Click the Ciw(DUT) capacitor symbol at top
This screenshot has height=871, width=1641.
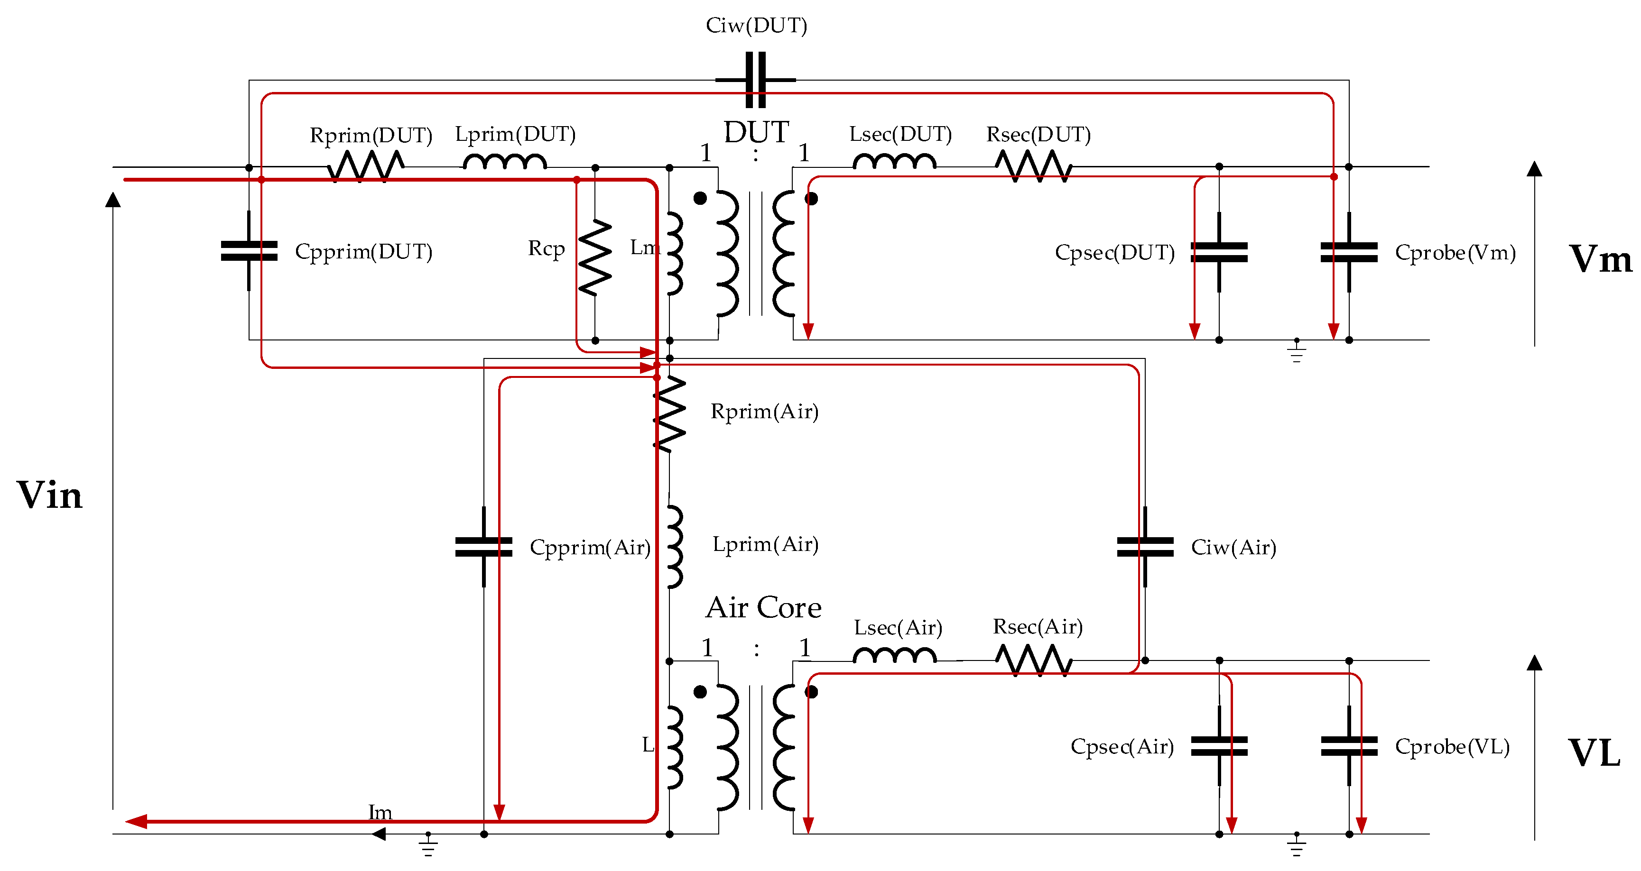click(756, 80)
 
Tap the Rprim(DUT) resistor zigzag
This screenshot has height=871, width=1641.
click(366, 167)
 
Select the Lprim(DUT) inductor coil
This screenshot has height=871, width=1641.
click(504, 162)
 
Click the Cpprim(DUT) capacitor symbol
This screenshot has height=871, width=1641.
click(249, 251)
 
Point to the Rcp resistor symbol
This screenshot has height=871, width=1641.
click(595, 258)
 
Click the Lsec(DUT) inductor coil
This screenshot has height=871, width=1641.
click(894, 162)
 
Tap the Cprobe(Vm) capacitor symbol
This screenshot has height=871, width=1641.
click(1349, 252)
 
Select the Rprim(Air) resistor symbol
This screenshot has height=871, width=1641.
click(669, 414)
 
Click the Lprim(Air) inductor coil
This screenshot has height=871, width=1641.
click(674, 546)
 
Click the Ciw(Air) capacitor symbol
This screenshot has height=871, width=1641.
click(1145, 547)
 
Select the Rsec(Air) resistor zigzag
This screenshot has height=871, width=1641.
click(1033, 660)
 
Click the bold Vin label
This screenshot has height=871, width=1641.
click(50, 495)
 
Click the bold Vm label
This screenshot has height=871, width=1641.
click(1600, 259)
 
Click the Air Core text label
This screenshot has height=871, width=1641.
click(763, 607)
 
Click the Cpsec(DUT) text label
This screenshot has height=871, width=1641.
click(1115, 253)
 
